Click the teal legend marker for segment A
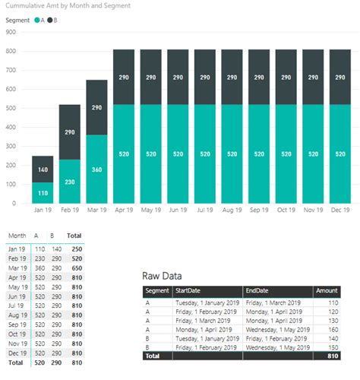click(x=37, y=20)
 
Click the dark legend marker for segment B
click(x=50, y=20)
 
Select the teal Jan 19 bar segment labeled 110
click(x=43, y=193)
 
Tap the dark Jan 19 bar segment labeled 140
click(x=43, y=169)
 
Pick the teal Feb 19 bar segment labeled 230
click(x=70, y=181)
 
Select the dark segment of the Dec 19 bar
click(x=339, y=78)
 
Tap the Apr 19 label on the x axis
click(x=124, y=211)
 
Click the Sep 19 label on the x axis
click(x=257, y=211)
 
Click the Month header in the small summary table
click(x=16, y=236)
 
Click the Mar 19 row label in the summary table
click(x=16, y=268)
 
